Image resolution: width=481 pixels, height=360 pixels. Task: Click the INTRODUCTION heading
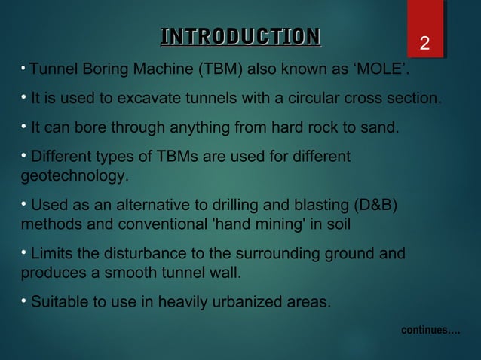[240, 36]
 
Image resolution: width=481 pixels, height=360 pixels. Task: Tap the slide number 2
[425, 44]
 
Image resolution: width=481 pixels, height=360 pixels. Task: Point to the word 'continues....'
[430, 331]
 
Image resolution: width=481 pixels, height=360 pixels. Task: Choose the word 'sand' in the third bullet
[379, 127]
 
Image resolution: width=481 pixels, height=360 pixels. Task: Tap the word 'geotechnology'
[73, 177]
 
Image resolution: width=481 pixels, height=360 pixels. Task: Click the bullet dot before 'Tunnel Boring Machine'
[23, 69]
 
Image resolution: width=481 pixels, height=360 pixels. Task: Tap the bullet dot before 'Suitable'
[24, 302]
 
